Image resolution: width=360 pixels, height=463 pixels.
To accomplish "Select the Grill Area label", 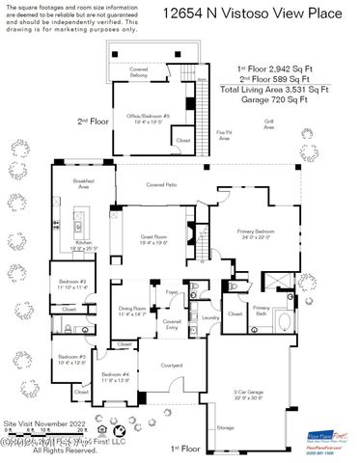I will click(x=269, y=124).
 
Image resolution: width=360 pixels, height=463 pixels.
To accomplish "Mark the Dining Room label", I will click(x=130, y=311).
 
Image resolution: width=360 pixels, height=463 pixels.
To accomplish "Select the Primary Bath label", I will click(x=261, y=313).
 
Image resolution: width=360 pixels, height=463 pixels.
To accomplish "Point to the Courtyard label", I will click(x=172, y=365).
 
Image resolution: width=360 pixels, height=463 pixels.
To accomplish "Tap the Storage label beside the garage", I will click(x=225, y=427).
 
